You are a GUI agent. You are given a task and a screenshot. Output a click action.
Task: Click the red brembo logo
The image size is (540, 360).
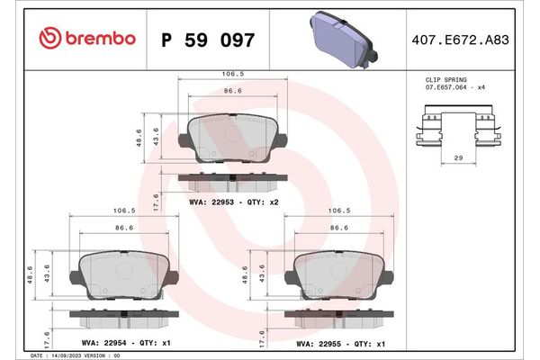pyautogui.click(x=87, y=38)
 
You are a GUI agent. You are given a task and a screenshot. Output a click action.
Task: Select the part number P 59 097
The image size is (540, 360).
pyautogui.click(x=208, y=40)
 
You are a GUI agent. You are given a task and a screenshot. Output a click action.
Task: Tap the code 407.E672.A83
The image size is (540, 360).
pyautogui.click(x=461, y=40)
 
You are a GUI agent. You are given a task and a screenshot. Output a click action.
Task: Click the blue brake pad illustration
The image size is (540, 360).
pyautogui.click(x=344, y=40)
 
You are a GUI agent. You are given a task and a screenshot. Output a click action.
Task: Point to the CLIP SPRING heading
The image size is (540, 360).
pyautogui.click(x=446, y=79)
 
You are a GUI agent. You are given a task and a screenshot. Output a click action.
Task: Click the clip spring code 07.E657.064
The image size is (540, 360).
pyautogui.click(x=447, y=87)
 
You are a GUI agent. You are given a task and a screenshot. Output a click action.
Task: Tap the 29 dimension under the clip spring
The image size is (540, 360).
pyautogui.click(x=458, y=157)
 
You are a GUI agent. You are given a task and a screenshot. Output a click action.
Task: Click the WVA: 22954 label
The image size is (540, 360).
pyautogui.click(x=104, y=343)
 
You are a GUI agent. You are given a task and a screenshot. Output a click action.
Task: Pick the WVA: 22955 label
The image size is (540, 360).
pyautogui.click(x=319, y=344)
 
